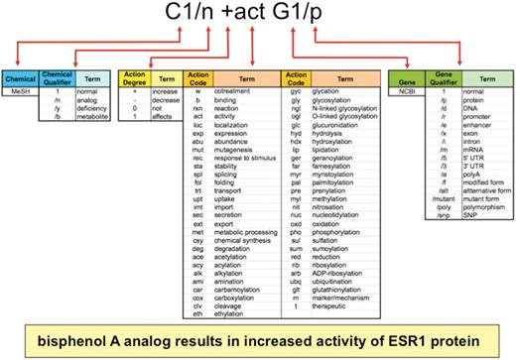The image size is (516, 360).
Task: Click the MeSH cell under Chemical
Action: click(x=19, y=91)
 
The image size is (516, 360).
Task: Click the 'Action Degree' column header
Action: click(x=134, y=77)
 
